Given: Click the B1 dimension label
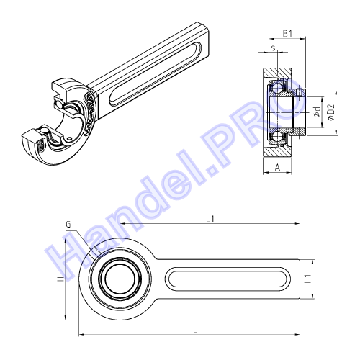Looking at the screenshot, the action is click(287, 34).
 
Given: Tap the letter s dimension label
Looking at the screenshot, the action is click(273, 48).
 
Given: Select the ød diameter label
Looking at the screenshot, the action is click(318, 112).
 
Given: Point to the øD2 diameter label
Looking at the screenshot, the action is click(331, 112).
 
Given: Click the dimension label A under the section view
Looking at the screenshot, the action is click(277, 167).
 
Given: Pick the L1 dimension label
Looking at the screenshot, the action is click(210, 219).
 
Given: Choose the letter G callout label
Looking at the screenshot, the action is click(68, 225).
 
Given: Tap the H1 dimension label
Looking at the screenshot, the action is click(307, 279).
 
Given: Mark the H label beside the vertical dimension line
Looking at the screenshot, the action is click(60, 279).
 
